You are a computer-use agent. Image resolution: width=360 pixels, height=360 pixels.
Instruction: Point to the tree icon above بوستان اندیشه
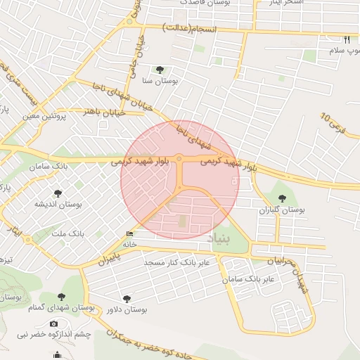[58, 193]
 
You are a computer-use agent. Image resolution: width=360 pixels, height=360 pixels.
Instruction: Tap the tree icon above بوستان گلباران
[283, 198]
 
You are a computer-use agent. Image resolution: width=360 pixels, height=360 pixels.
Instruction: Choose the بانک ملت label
[69, 233]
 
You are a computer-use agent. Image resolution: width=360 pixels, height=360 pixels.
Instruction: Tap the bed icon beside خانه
[129, 234]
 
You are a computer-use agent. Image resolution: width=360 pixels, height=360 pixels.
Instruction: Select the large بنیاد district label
[219, 240]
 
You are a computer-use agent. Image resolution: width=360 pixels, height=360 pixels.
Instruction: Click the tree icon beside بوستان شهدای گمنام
[60, 297]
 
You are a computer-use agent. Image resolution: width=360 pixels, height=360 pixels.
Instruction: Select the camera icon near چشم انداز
[55, 323]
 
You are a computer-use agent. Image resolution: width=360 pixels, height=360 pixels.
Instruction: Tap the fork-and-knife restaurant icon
[346, 39]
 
